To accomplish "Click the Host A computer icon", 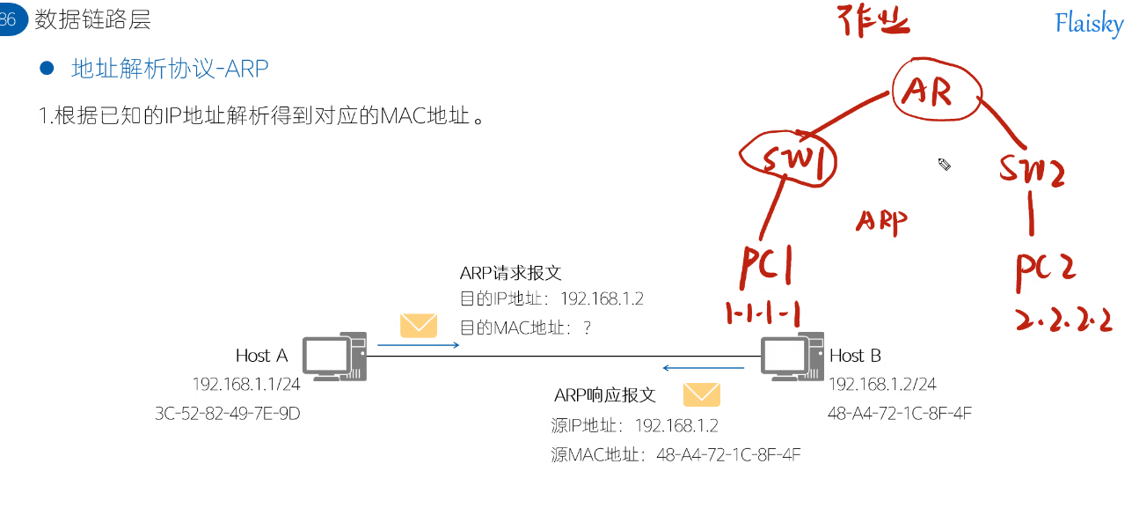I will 334,357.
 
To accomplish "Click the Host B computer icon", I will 792,357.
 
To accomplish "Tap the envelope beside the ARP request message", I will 418,326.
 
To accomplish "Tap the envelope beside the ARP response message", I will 701,394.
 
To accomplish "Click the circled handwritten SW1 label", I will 787,161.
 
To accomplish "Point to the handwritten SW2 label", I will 1032,169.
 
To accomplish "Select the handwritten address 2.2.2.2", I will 1063,319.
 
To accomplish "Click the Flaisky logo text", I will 1089,24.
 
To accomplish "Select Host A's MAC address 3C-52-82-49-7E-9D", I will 227,413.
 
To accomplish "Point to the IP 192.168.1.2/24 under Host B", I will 881,385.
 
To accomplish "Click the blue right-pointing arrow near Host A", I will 419,345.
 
